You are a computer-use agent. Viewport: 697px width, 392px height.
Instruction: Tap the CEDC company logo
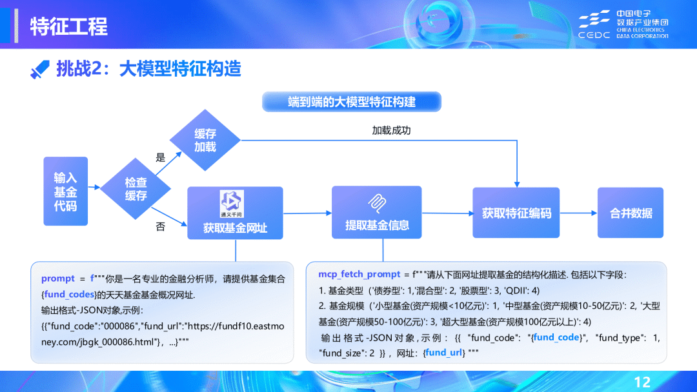622,24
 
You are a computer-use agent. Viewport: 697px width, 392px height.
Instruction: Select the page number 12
643,381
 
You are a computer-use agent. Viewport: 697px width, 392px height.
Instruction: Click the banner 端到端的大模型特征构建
352,102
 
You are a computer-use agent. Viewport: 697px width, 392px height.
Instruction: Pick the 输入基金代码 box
65,191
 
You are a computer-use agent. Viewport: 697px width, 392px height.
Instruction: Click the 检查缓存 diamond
136,189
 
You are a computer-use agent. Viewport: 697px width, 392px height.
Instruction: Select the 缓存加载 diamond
205,140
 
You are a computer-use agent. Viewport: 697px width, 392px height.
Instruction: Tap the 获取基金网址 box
235,213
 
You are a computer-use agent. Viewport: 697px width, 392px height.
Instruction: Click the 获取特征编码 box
516,213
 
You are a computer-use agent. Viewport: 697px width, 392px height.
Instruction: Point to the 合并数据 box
631,213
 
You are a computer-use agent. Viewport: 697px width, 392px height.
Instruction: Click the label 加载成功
391,130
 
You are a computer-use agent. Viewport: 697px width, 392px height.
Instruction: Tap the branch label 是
161,157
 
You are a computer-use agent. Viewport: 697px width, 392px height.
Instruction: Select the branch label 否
161,227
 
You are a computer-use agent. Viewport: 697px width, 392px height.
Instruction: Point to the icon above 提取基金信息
377,201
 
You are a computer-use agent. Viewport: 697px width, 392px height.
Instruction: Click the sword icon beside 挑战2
40,70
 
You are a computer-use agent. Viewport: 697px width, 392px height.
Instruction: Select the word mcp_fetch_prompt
350,274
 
